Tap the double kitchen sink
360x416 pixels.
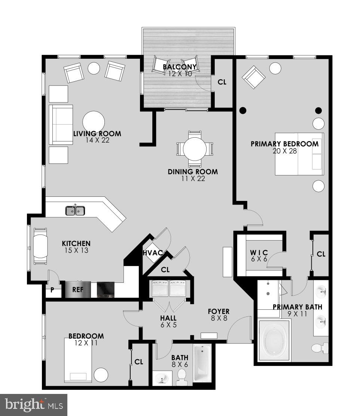(x=75, y=211)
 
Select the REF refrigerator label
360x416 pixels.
(x=77, y=290)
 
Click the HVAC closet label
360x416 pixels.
(x=153, y=253)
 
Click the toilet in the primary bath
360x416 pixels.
(x=319, y=348)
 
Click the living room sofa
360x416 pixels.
(x=61, y=125)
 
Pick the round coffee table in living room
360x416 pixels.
(x=94, y=122)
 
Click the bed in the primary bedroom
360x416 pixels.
(x=299, y=154)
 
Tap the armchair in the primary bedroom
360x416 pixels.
(x=254, y=77)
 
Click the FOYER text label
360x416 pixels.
(x=219, y=312)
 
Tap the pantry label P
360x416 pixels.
(x=52, y=290)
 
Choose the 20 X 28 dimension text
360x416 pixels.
(x=284, y=151)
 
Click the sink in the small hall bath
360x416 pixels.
(x=162, y=379)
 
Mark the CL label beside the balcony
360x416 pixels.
(x=222, y=82)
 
